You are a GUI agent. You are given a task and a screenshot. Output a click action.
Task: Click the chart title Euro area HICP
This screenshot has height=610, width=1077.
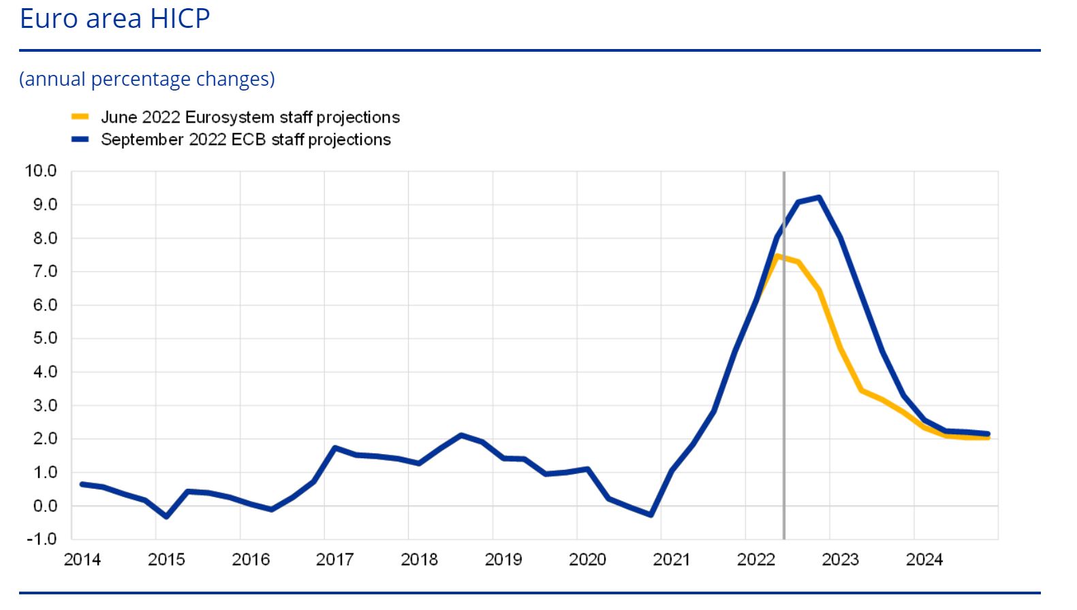[x=114, y=18]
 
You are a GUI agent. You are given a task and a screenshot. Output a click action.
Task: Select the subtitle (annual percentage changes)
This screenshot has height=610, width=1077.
[x=147, y=79]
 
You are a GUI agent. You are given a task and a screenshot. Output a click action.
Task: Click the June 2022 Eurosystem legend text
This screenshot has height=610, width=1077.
[x=250, y=117]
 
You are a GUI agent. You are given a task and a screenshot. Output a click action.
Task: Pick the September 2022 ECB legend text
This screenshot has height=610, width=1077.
[x=245, y=140]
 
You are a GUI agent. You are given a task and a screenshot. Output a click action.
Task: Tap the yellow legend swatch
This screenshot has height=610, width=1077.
[x=80, y=117]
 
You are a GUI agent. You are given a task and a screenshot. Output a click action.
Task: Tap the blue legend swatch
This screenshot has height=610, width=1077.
[x=80, y=140]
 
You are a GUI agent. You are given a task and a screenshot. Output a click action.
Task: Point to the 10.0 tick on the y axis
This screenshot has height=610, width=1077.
[x=41, y=171]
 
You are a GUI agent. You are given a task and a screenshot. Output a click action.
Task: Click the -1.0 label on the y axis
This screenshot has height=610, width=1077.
[x=41, y=539]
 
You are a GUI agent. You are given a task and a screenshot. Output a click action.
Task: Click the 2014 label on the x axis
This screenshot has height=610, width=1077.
[x=82, y=560]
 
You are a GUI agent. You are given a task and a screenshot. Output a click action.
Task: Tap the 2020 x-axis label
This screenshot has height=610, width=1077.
[x=587, y=560]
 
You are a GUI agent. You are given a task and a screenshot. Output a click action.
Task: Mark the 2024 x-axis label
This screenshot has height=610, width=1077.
[x=924, y=560]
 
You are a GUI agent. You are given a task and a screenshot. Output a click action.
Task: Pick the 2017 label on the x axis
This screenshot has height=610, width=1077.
[x=334, y=560]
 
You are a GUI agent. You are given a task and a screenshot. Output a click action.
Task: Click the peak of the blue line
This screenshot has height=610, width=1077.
[x=818, y=198]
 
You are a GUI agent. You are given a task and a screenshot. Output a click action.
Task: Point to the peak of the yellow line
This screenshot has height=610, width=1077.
[x=777, y=257]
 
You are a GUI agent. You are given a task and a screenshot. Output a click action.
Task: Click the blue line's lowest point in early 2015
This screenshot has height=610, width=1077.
[x=166, y=517]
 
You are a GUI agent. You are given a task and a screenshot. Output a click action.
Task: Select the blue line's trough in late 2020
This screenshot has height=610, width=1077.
[x=651, y=515]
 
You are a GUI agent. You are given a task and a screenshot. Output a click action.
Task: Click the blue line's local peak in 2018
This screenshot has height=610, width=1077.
[x=461, y=435]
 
